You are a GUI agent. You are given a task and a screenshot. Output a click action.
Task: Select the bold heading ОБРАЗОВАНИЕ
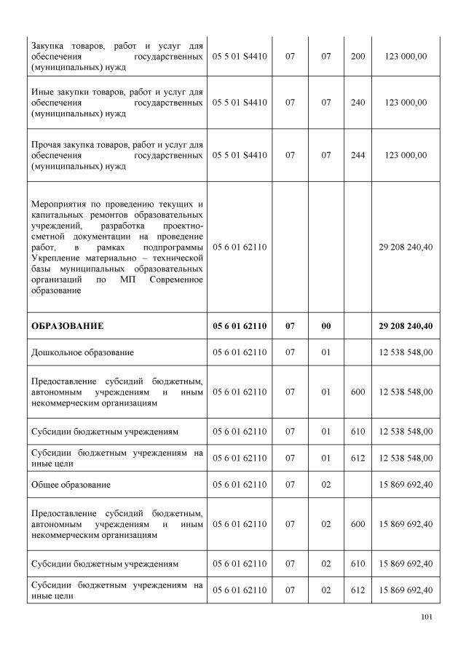67,325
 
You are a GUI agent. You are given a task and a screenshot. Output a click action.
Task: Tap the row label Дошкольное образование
82,352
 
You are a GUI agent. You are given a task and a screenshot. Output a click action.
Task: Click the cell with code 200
358,55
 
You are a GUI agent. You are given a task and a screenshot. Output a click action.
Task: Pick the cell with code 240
358,103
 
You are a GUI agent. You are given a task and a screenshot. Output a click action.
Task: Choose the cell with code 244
358,155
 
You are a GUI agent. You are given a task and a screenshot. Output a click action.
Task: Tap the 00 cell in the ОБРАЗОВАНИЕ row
326,325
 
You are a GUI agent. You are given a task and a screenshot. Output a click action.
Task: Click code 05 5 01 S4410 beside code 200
240,55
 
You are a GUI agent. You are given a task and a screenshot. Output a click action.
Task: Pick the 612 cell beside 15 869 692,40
358,590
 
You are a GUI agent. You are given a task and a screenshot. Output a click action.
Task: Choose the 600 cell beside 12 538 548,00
358,392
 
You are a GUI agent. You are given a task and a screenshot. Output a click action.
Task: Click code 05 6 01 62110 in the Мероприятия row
240,247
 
